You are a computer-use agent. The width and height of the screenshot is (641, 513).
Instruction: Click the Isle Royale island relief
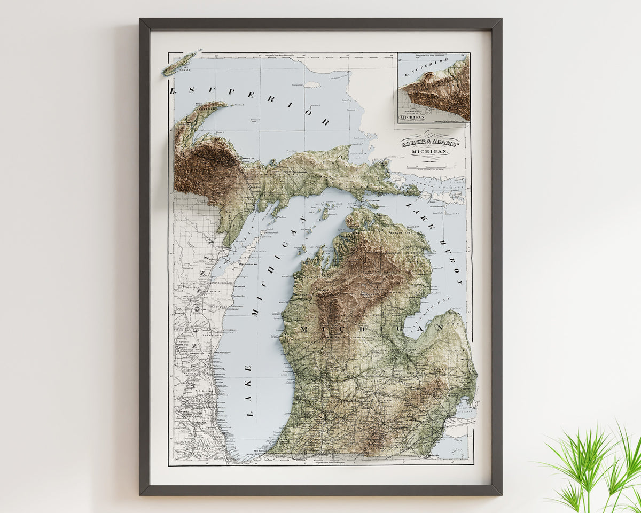point(181,64)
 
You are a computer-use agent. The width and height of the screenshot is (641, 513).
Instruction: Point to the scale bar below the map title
point(429,167)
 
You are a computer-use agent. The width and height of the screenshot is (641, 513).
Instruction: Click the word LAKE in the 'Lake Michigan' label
point(249,390)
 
